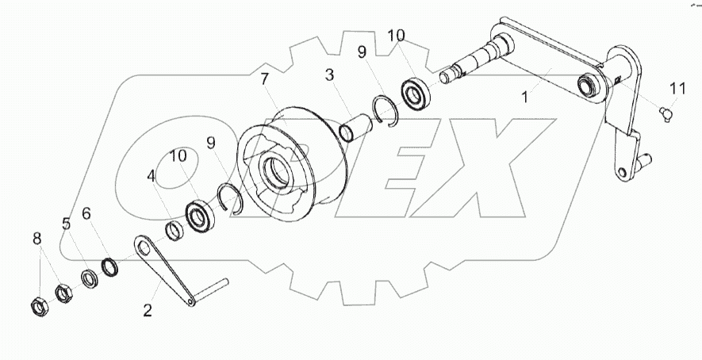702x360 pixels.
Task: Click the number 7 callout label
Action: pyautogui.click(x=265, y=80)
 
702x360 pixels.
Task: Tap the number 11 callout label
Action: pyautogui.click(x=678, y=89)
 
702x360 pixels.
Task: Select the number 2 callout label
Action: pyautogui.click(x=148, y=310)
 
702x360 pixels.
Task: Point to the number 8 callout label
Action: pyautogui.click(x=37, y=239)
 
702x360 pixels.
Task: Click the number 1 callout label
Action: pyautogui.click(x=524, y=97)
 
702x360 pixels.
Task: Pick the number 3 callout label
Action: pyautogui.click(x=329, y=75)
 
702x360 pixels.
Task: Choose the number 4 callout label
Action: pyautogui.click(x=152, y=176)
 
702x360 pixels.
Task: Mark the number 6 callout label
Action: pyautogui.click(x=86, y=214)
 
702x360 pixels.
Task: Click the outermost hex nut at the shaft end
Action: pyautogui.click(x=40, y=308)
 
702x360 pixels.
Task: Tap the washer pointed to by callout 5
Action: pyautogui.click(x=90, y=278)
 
